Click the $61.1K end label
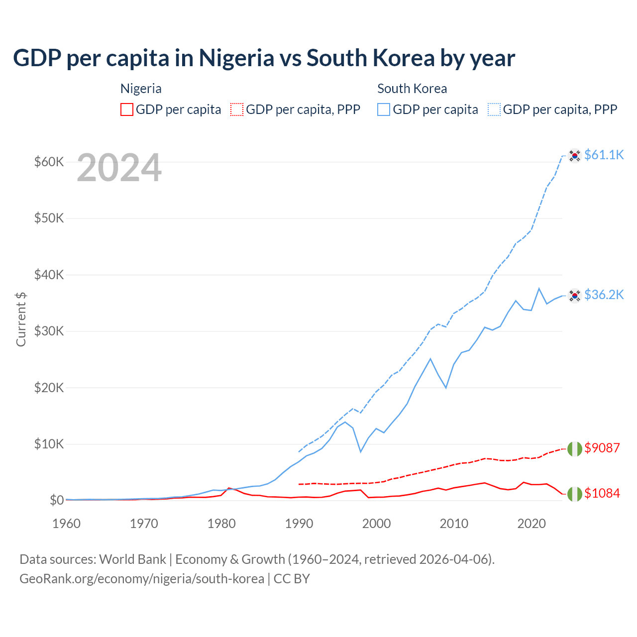pos(604,155)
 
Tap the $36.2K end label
pos(604,295)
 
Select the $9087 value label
pos(602,448)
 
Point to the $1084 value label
pos(602,493)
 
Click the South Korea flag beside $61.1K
pos(575,156)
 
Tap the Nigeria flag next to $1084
pos(575,494)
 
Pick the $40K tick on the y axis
pos(49,275)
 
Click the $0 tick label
pos(56,500)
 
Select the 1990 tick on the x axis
pos(299,524)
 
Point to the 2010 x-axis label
pos(454,524)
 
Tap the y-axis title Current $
pos(21,319)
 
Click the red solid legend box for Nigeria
pos(127,109)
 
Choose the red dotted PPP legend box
pos(237,109)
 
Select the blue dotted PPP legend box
pos(494,109)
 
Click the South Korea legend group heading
pos(412,89)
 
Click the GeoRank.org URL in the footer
pos(142,579)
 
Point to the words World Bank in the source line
pos(132,559)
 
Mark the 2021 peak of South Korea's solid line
pos(539,288)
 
